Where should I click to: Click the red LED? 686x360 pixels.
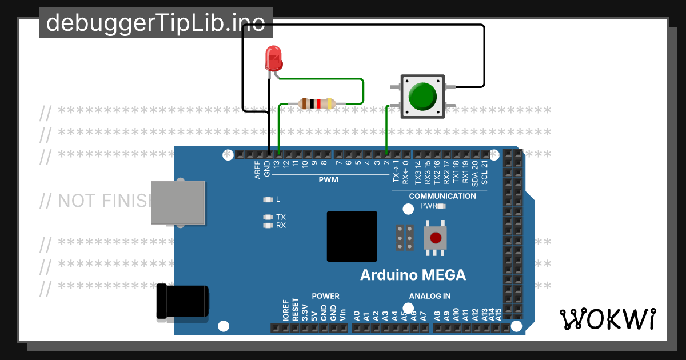tap(274, 58)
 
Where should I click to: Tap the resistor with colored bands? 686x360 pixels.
tap(316, 104)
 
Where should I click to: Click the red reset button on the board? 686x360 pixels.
tap(436, 237)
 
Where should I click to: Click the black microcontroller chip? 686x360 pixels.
tap(352, 237)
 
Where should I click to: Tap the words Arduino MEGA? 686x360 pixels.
tap(413, 275)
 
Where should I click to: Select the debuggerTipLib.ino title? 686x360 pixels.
tap(155, 23)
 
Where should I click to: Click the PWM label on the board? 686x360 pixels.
tap(328, 180)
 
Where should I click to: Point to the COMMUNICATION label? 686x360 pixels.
tap(442, 196)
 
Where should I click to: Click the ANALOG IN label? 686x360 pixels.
tap(429, 296)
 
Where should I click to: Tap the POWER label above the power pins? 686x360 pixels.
tap(325, 296)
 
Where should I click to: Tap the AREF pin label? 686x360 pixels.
tap(258, 170)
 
